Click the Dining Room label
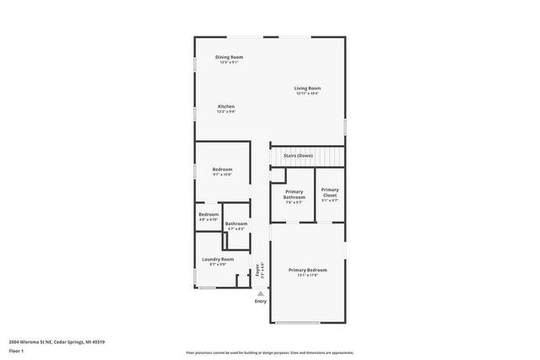click(229, 56)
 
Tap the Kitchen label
click(225, 106)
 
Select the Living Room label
click(307, 89)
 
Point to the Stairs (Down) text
click(298, 156)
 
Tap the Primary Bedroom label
click(307, 270)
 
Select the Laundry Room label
click(219, 260)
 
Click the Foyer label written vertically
click(257, 271)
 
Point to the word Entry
click(260, 301)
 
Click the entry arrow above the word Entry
click(260, 292)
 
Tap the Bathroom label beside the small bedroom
click(236, 223)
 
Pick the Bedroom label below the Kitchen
click(222, 169)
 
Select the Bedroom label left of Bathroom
click(208, 214)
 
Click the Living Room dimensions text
click(307, 94)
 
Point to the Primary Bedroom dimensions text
click(307, 275)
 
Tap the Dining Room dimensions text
click(229, 62)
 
